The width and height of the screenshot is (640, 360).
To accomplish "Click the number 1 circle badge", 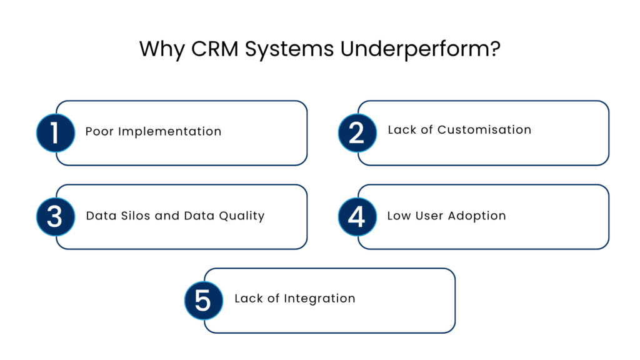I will point(55,133).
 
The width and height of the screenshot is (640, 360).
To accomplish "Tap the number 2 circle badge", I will point(357,133).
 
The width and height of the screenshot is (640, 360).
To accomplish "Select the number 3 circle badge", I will point(55,217).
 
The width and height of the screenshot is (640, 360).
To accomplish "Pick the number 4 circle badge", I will point(357,217).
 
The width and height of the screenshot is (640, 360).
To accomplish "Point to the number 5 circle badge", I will point(204,301).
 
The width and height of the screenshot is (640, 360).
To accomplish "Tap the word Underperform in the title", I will point(420,49).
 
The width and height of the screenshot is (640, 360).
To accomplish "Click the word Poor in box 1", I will point(100,131).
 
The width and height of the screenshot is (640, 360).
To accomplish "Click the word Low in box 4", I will point(399,216).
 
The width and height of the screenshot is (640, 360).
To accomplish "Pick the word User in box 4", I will point(428,216).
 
